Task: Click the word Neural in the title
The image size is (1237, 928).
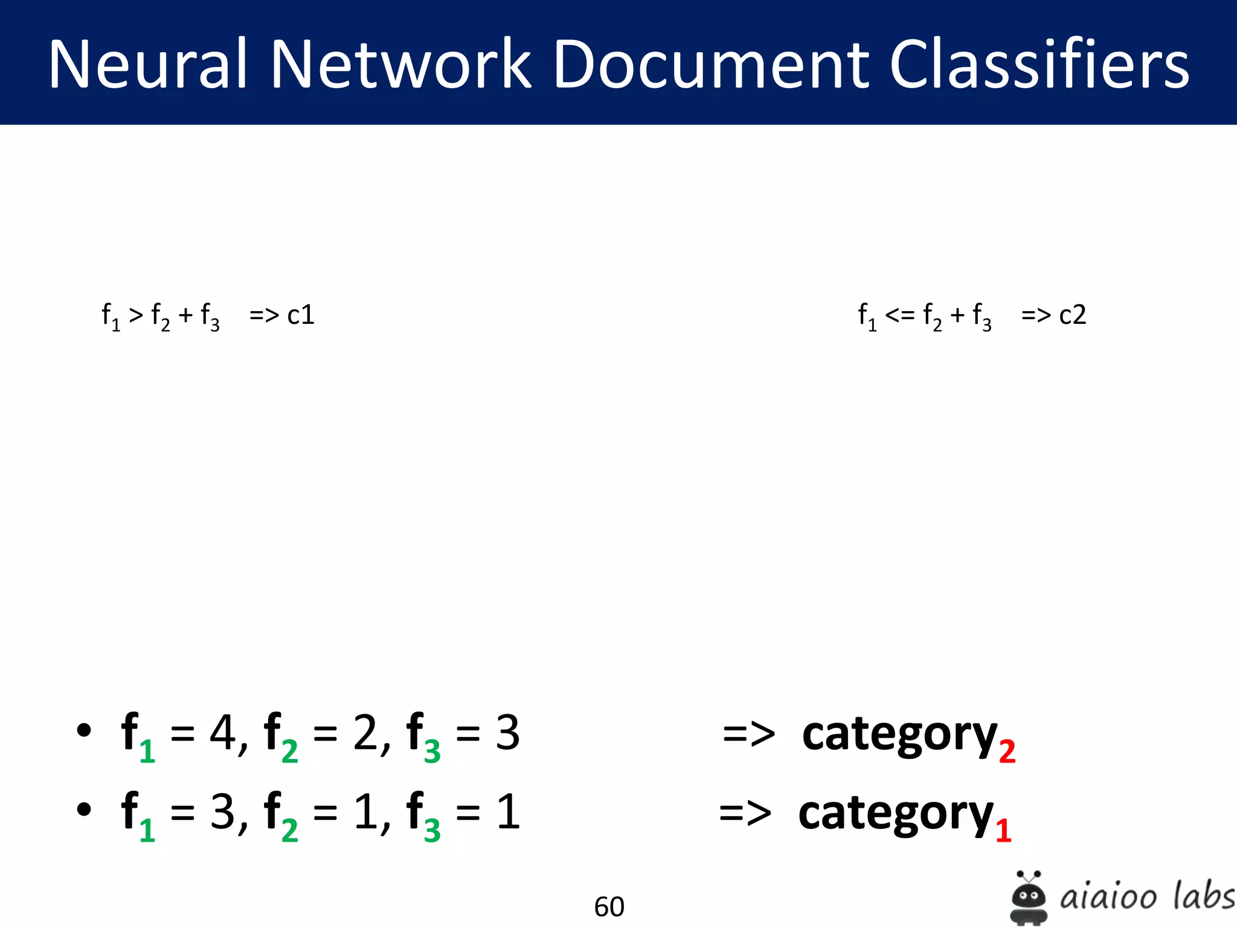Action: [x=148, y=63]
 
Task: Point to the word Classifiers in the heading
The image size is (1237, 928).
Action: [x=1039, y=63]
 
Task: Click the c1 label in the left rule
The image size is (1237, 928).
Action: [x=301, y=315]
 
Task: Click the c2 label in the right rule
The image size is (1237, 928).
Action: [x=1073, y=315]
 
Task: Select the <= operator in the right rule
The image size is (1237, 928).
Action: [x=899, y=315]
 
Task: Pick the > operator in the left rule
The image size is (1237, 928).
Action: [x=136, y=315]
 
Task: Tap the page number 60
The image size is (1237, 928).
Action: [x=609, y=906]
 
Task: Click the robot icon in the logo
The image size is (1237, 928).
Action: [x=1029, y=898]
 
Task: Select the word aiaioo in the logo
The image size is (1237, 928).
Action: [x=1108, y=897]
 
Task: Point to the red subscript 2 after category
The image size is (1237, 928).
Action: [x=1007, y=752]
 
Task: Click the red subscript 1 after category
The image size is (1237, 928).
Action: [x=1003, y=831]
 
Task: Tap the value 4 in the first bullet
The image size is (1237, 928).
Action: [x=222, y=732]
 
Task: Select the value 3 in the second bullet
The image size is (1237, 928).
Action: [x=222, y=811]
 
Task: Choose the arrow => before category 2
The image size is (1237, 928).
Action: [x=749, y=734]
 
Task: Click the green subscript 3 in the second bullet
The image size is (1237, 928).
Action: [x=432, y=831]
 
